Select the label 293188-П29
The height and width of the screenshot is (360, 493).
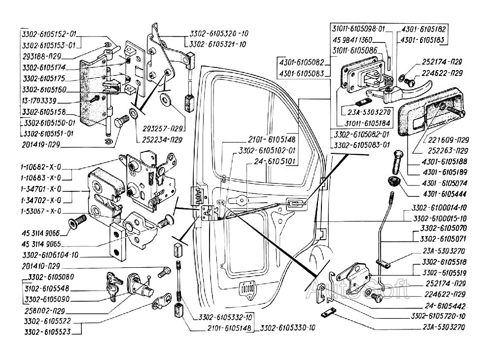click(x=42, y=56)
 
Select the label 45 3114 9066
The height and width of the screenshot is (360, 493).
click(x=41, y=233)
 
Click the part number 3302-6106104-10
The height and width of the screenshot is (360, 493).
click(x=49, y=255)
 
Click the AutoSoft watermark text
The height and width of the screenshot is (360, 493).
click(x=358, y=291)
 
